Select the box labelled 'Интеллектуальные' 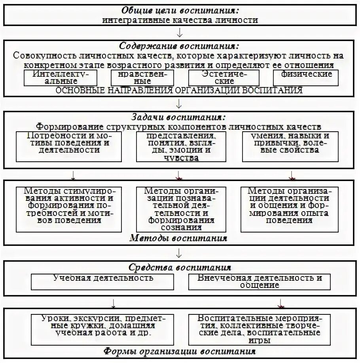(58, 78)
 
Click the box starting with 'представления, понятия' (181, 147)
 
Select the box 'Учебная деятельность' (103, 281)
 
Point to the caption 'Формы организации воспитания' (180, 352)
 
